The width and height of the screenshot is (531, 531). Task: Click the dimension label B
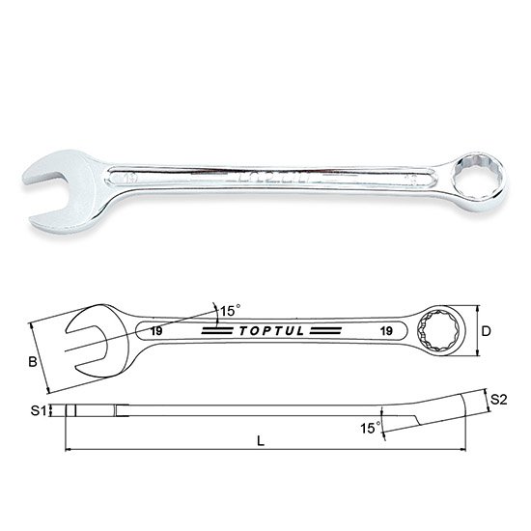(33, 363)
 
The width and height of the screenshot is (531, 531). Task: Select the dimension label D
(488, 331)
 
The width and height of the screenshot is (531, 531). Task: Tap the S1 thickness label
(38, 411)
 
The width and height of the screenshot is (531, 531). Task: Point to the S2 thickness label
(498, 398)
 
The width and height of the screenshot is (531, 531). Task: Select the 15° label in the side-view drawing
(368, 426)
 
